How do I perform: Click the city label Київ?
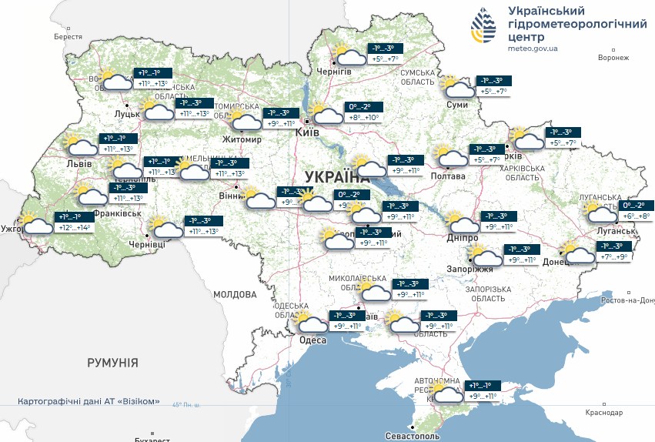tap(308, 132)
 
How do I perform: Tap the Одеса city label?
tap(312, 340)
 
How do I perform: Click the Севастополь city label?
tap(442, 436)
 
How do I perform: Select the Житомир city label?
tap(242, 140)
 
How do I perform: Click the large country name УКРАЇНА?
tap(332, 177)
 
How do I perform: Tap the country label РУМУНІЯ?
tap(112, 362)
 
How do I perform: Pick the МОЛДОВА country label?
tap(234, 294)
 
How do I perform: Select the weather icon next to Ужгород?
tap(37, 224)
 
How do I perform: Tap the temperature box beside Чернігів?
tap(385, 53)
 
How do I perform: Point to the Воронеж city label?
tap(613, 58)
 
